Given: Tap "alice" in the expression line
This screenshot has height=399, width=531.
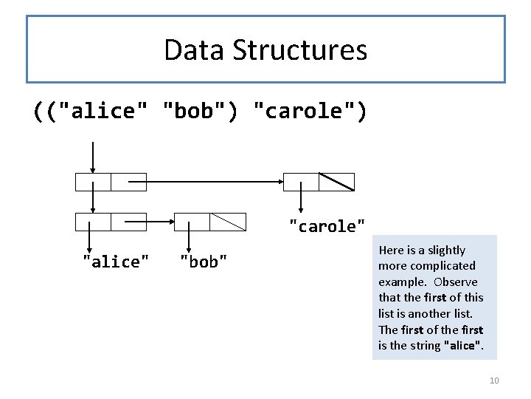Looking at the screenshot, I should click(x=102, y=111).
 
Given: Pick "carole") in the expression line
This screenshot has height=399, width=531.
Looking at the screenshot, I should click(x=309, y=111).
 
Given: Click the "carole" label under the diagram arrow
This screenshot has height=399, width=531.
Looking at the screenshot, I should click(x=327, y=226).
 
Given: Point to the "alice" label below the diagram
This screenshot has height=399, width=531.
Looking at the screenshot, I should click(x=116, y=262).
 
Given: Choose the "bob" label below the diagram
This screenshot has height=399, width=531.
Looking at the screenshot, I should click(x=204, y=262).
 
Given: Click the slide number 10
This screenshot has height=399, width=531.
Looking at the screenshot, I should click(x=493, y=381).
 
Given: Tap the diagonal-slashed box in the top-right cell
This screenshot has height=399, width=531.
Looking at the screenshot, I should click(x=336, y=182).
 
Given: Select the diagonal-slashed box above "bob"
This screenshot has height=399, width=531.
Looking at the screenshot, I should click(x=227, y=221).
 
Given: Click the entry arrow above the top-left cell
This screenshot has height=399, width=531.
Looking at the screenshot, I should click(x=93, y=157).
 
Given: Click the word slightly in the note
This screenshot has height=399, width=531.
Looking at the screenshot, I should click(x=446, y=250).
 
